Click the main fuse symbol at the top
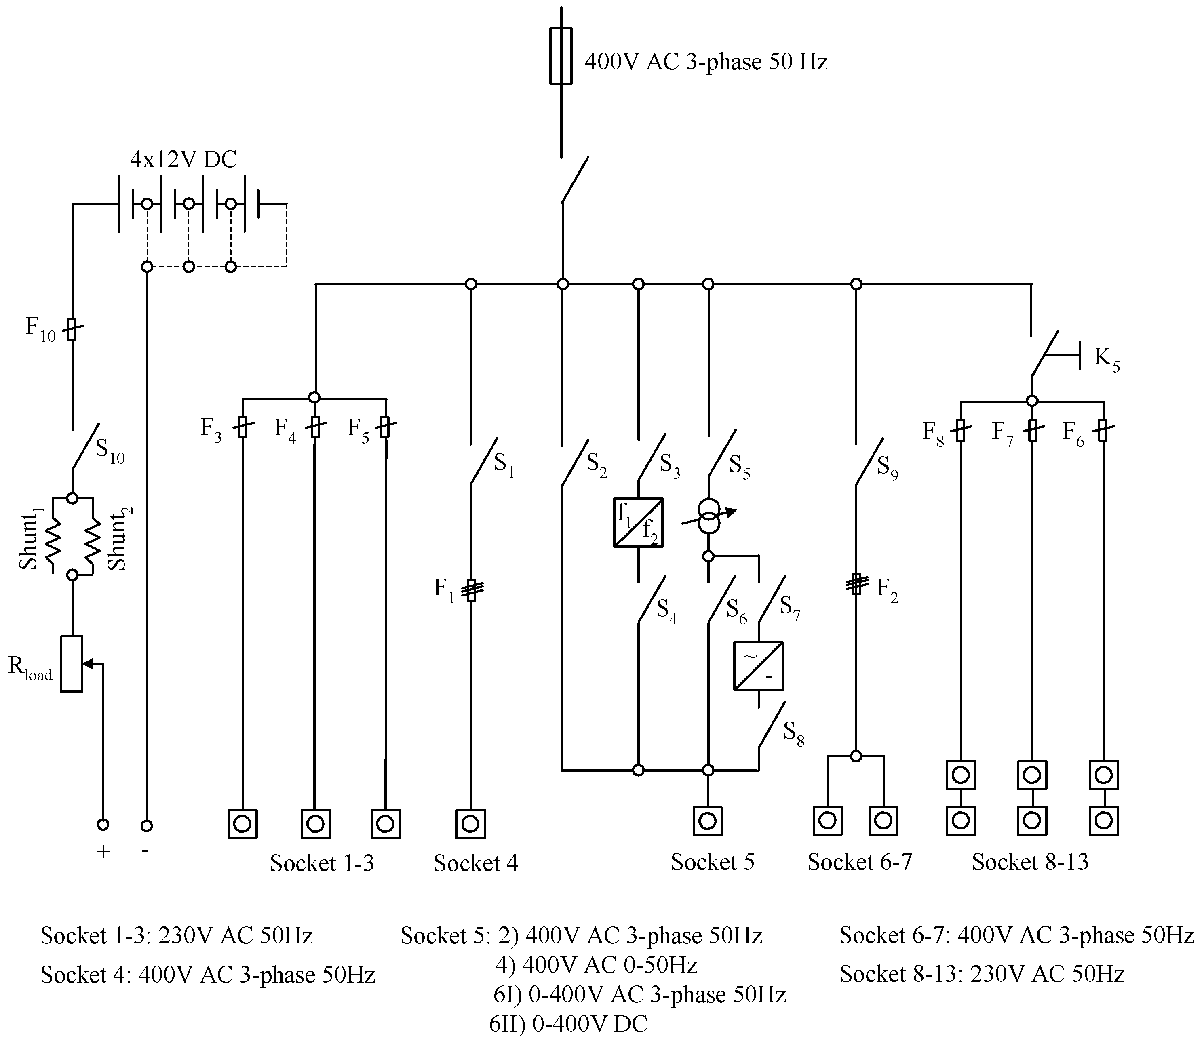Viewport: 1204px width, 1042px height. (561, 57)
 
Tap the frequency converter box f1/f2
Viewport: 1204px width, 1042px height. (638, 522)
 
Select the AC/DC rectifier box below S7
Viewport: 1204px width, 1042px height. (758, 666)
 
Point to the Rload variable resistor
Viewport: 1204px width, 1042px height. (72, 663)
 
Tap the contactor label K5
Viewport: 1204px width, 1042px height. (1106, 359)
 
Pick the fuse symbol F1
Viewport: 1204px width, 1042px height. (472, 589)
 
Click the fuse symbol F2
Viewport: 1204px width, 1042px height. (856, 584)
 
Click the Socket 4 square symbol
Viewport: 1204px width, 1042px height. (470, 824)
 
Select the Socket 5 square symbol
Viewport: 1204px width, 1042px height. (707, 821)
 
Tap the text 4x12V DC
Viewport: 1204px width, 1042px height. (183, 159)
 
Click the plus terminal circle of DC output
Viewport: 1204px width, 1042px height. (103, 825)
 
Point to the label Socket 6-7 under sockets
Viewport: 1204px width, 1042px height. (859, 862)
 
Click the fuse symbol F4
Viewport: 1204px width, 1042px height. (315, 427)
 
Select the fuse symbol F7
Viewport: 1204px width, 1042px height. (1032, 430)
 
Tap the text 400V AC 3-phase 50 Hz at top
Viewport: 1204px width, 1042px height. (706, 62)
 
